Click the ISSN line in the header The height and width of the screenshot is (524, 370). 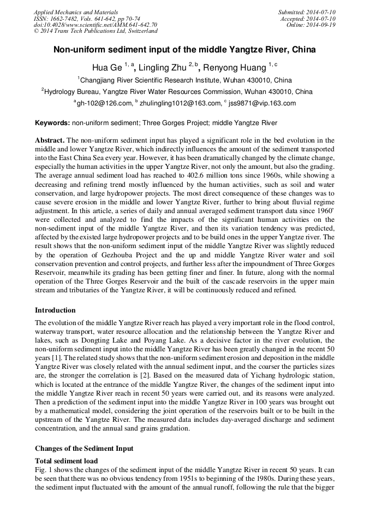click(x=87, y=18)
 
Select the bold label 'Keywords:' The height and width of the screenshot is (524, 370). click(x=52, y=123)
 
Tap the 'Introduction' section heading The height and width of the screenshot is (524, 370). click(x=58, y=310)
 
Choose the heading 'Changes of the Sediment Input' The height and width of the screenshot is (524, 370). click(x=84, y=449)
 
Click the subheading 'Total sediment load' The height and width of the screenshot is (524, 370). click(x=66, y=461)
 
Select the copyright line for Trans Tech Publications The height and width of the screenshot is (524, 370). click(x=96, y=31)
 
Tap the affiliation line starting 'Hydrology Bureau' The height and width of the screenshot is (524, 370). click(x=178, y=91)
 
